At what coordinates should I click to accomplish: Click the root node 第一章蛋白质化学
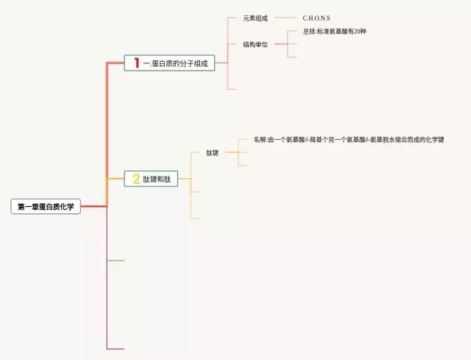click(x=46, y=207)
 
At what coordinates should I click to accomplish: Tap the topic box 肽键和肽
click(x=152, y=179)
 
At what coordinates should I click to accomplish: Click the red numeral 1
click(x=136, y=63)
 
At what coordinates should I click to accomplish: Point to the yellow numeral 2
click(x=136, y=179)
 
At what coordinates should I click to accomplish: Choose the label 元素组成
click(x=255, y=18)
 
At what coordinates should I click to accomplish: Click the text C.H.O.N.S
click(x=316, y=18)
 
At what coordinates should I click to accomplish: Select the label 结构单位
click(x=255, y=44)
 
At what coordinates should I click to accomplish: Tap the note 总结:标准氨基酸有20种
click(x=334, y=32)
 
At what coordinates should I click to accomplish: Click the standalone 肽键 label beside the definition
click(x=213, y=152)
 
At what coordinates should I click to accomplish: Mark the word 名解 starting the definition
click(x=260, y=139)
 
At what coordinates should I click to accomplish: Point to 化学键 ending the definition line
click(x=434, y=139)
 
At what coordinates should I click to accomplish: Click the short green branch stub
click(x=116, y=261)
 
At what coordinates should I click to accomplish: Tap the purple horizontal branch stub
click(x=116, y=348)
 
